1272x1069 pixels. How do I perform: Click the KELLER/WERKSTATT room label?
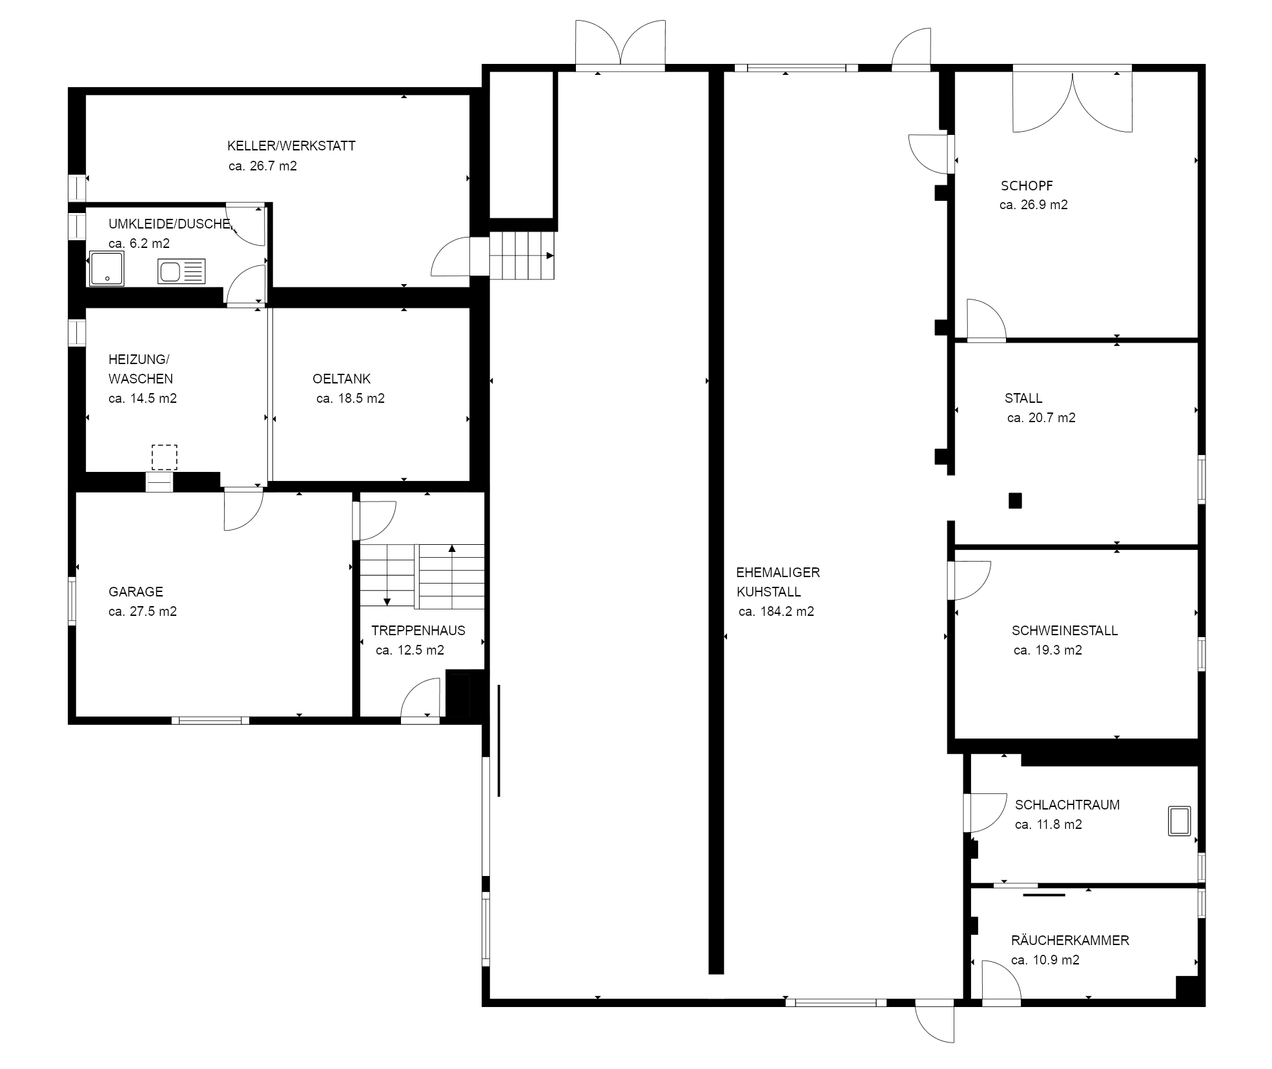pos(291,146)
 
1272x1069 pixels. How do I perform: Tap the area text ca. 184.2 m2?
pos(776,611)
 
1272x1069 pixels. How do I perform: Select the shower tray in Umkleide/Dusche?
pos(107,269)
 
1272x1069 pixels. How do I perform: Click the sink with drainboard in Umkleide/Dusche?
pos(181,272)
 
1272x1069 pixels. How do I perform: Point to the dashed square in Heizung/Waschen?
pos(164,457)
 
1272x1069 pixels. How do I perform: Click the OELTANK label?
pos(342,379)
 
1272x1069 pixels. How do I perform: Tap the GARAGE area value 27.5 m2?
pos(143,611)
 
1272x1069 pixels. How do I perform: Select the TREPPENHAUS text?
pos(418,631)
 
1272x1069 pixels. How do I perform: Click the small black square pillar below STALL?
pos(1015,500)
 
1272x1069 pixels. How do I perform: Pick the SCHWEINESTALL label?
pos(1065,631)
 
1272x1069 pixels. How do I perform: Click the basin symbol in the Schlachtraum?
pos(1179,821)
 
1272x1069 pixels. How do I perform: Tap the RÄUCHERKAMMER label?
pos(1070,941)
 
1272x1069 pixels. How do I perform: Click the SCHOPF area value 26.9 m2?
pos(1033,205)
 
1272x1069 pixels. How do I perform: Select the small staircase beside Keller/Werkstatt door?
pos(522,256)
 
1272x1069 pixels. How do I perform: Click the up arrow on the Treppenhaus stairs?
pos(452,549)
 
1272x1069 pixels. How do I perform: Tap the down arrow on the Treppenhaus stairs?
pos(387,601)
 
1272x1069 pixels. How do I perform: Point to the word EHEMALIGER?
pos(777,573)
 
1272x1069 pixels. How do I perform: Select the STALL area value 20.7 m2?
pos(1041,418)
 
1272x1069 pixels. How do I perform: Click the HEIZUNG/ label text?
pos(138,360)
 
